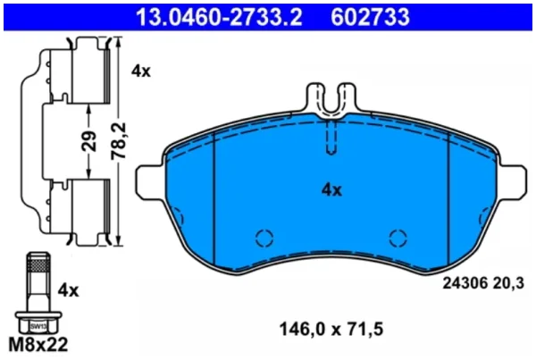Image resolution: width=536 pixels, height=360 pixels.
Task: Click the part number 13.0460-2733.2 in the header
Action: [219, 17]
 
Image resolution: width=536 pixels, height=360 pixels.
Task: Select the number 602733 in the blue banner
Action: [370, 17]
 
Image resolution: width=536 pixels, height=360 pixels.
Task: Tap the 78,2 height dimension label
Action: [119, 140]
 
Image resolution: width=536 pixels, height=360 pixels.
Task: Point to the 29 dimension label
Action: [88, 141]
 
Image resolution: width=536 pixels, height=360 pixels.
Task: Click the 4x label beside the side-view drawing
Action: [141, 71]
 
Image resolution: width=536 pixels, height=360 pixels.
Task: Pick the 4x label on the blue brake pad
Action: [331, 190]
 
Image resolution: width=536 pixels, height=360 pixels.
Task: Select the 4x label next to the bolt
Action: [68, 290]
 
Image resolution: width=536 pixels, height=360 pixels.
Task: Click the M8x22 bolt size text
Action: [38, 345]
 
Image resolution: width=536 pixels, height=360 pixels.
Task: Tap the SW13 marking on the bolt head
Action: [38, 326]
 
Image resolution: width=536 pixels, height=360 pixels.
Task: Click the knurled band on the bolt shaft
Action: [38, 264]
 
